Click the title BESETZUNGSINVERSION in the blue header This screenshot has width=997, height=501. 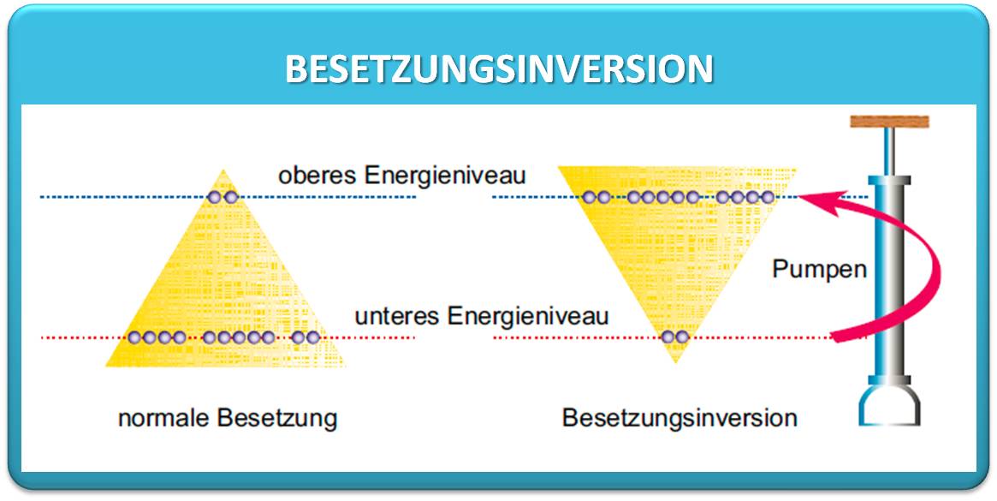[x=499, y=69]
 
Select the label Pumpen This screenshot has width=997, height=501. [x=820, y=270]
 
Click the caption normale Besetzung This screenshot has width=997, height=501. [x=228, y=419]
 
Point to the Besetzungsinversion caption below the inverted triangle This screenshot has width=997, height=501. [x=680, y=418]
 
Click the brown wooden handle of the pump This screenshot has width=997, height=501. [x=889, y=122]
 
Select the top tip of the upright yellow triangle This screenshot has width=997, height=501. [x=223, y=170]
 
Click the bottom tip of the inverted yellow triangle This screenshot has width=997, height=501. [x=676, y=361]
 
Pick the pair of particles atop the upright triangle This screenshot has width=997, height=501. [x=223, y=197]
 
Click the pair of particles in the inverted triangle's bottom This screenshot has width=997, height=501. [x=674, y=337]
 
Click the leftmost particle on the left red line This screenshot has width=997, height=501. [x=134, y=337]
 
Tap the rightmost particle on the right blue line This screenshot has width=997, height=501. [x=768, y=197]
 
